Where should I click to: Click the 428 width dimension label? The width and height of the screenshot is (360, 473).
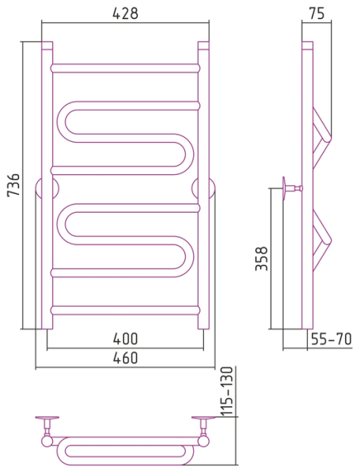(x=125, y=13)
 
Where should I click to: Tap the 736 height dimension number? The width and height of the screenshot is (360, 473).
(x=13, y=184)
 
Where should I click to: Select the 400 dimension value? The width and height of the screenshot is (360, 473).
(x=125, y=339)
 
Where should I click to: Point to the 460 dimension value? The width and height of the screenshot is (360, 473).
(x=125, y=358)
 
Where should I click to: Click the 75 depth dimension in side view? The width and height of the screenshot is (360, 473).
(x=317, y=13)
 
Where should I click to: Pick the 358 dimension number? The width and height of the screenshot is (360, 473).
(x=262, y=259)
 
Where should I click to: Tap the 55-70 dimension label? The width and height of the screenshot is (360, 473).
(x=331, y=339)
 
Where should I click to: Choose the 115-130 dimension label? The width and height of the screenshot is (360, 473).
(x=227, y=392)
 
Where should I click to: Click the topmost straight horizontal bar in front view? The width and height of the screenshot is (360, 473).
(x=125, y=68)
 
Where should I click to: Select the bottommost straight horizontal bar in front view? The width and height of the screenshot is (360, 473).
(x=125, y=311)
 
